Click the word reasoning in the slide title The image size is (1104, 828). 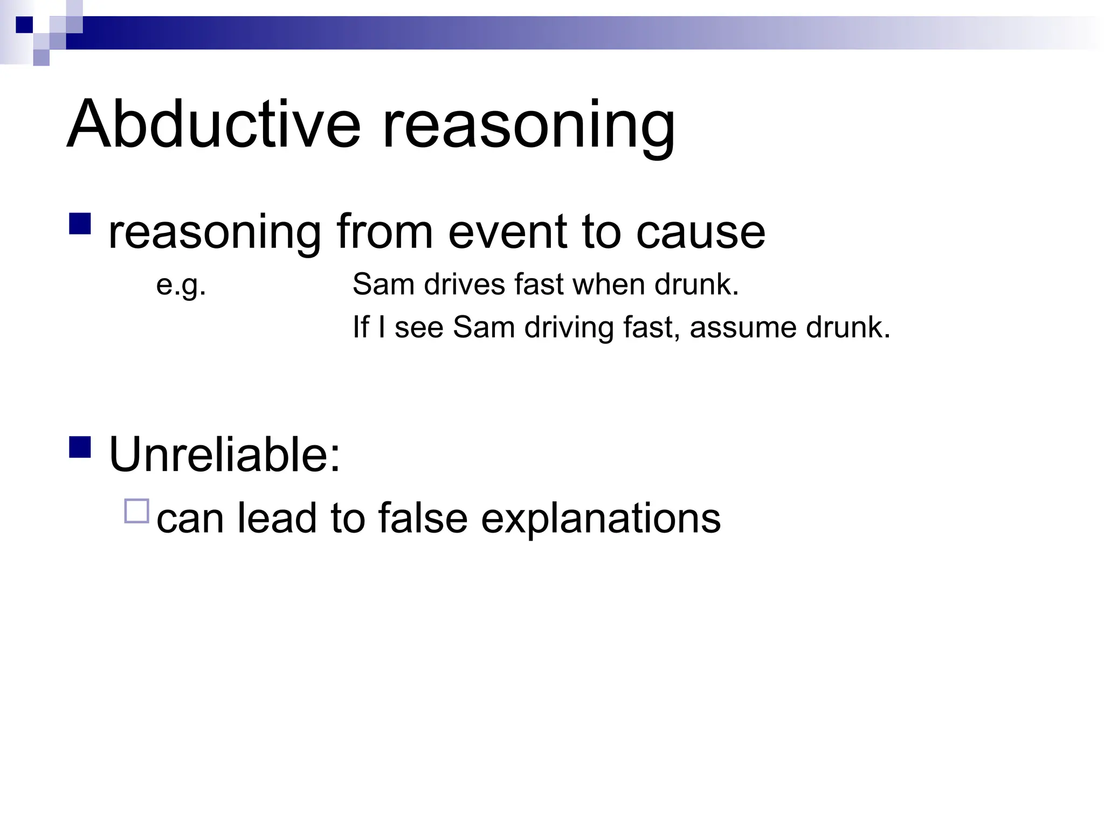coord(528,127)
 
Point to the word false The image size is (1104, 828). coord(423,518)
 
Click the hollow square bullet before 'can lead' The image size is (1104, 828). coord(136,511)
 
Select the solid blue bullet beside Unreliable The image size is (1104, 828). coord(80,447)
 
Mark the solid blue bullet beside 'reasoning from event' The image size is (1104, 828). coord(80,223)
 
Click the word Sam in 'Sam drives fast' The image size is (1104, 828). coord(383,284)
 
